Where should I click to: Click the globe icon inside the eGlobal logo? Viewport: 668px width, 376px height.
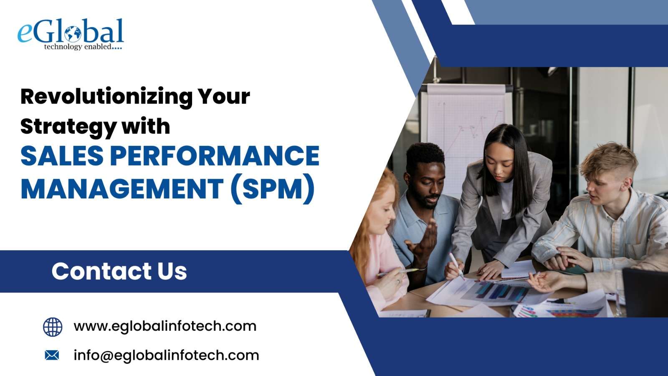73,34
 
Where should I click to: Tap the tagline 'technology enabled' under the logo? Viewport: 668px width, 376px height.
78,47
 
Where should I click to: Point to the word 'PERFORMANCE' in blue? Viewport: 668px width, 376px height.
215,155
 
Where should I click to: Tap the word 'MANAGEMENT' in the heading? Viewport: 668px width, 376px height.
122,189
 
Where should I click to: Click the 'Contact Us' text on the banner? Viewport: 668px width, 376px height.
119,271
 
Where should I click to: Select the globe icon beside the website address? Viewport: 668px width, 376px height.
53,327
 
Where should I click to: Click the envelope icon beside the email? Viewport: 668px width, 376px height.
52,355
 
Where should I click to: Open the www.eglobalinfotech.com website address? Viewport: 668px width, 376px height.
165,326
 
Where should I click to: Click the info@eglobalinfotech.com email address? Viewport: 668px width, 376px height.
167,356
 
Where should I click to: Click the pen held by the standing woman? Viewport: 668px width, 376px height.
457,266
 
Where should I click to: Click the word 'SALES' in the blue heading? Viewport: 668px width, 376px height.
62,155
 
